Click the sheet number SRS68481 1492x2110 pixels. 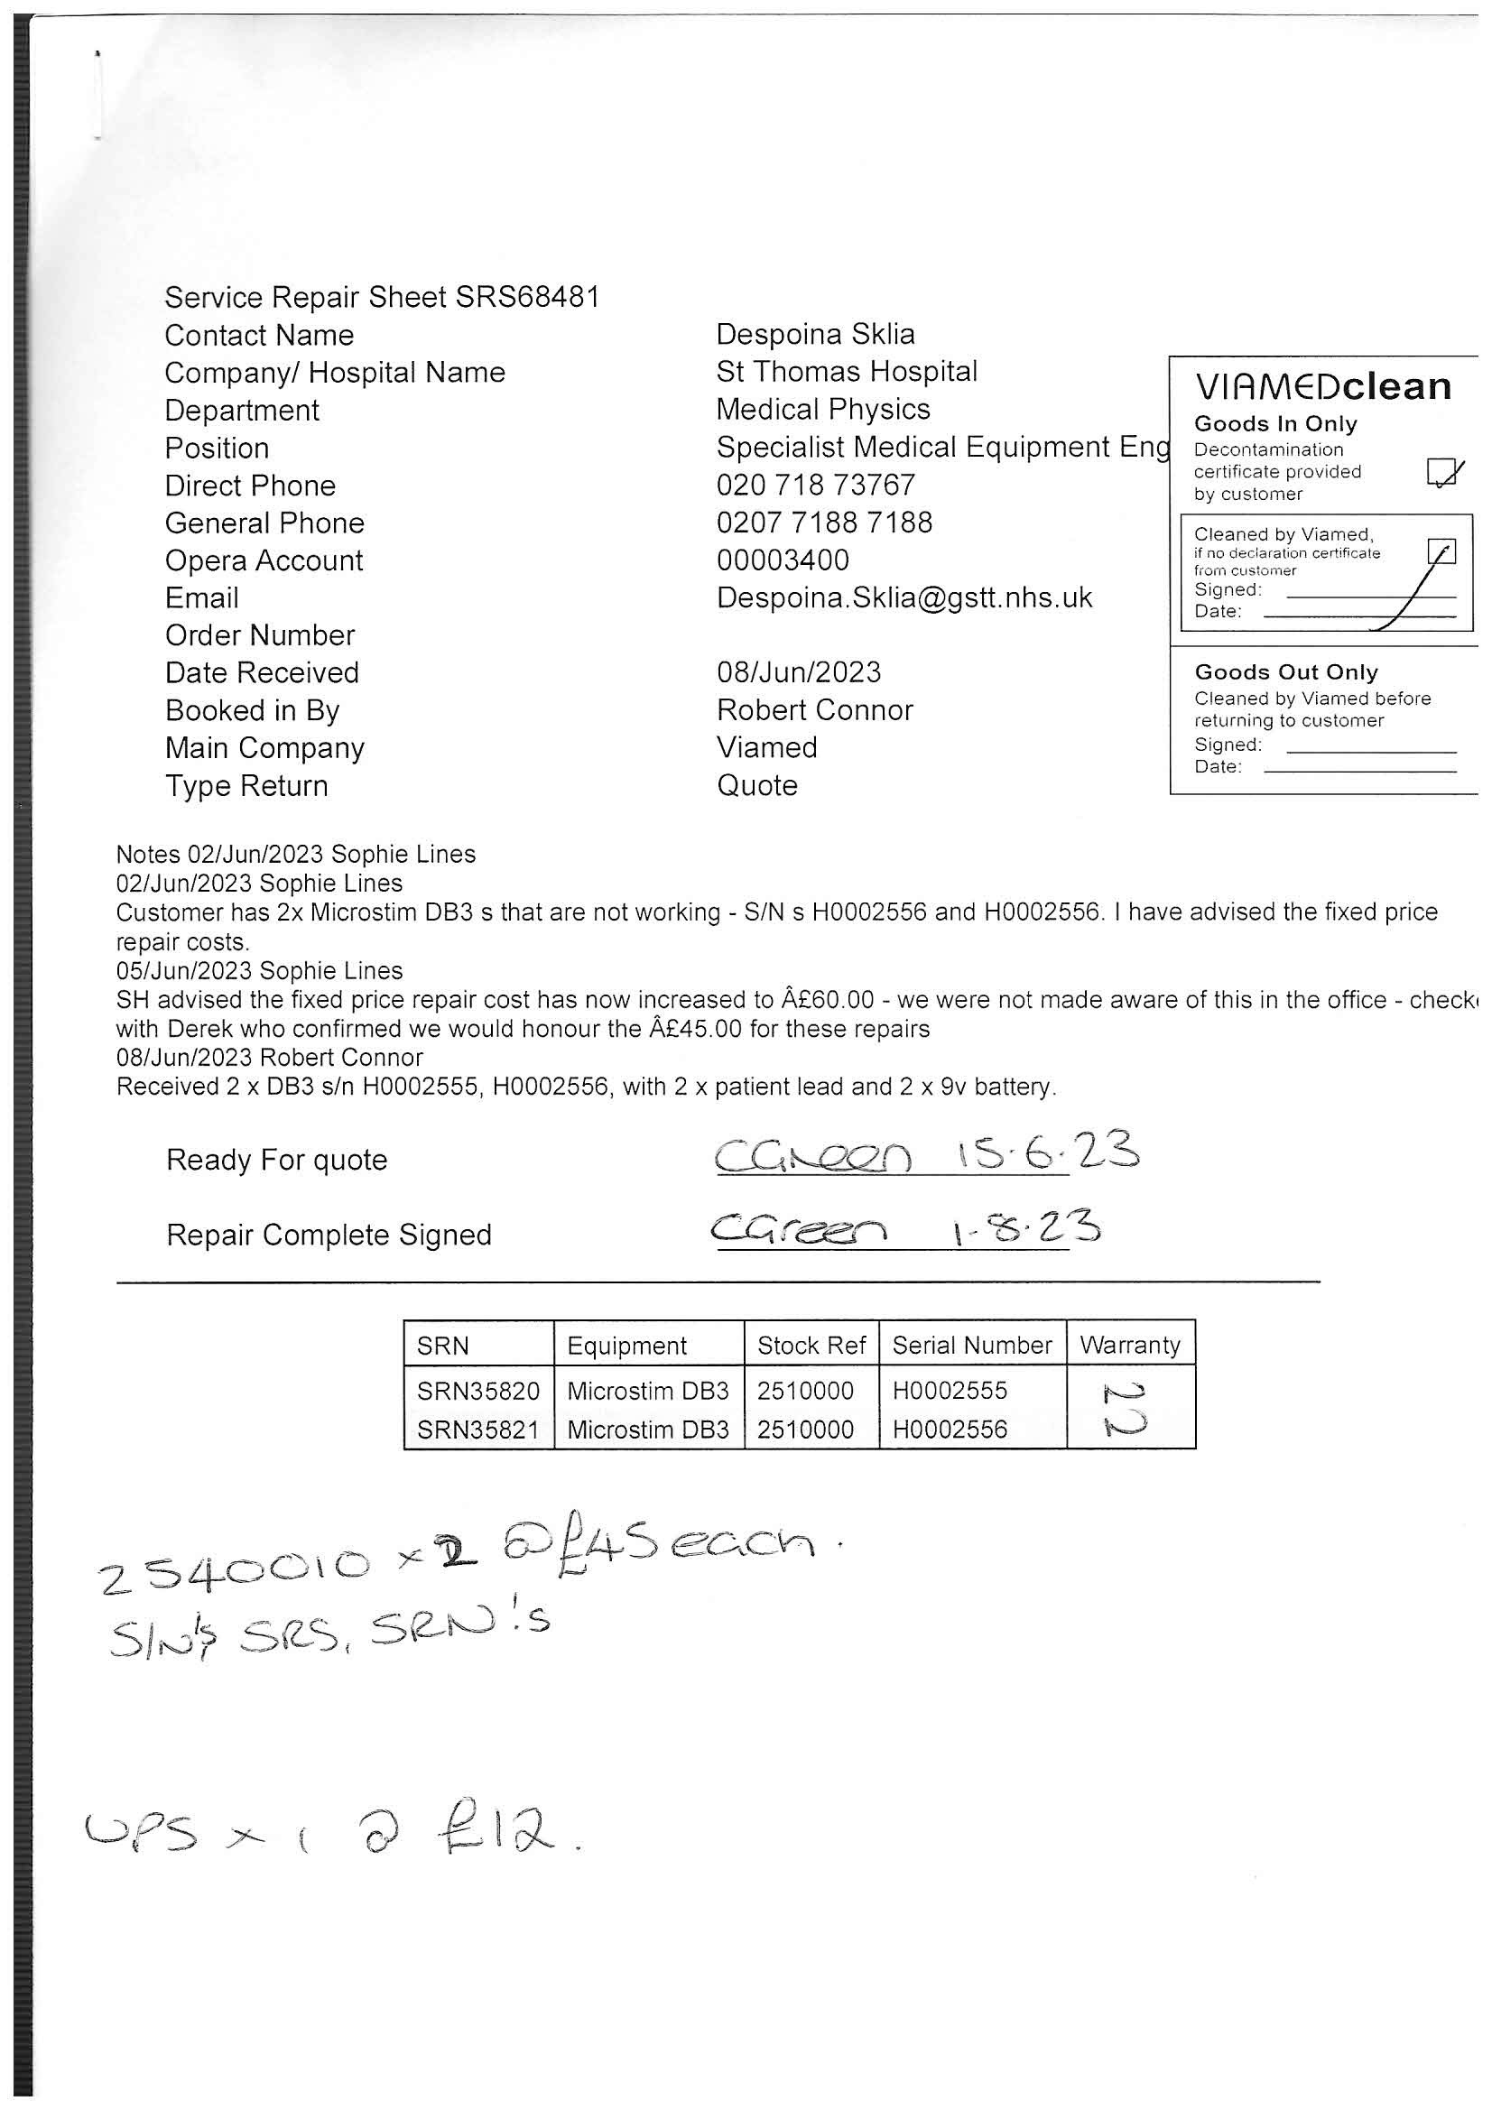pos(528,298)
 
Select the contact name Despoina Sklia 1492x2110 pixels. pos(815,335)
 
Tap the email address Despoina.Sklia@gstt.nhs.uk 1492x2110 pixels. pos(904,598)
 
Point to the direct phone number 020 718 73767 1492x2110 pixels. pos(815,486)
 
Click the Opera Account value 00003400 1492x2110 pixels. pos(783,560)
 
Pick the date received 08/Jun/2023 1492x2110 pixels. pos(798,672)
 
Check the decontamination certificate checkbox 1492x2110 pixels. pos(1440,472)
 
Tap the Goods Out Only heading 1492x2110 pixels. pos(1285,671)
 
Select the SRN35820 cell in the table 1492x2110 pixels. pos(478,1392)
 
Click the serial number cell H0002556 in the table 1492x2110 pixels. pos(950,1430)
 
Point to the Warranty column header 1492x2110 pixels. pos(1130,1346)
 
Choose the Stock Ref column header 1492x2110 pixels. pos(811,1346)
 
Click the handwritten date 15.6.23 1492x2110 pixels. pos(1046,1153)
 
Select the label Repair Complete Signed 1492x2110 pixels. pos(329,1235)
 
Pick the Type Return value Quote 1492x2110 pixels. pos(756,786)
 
